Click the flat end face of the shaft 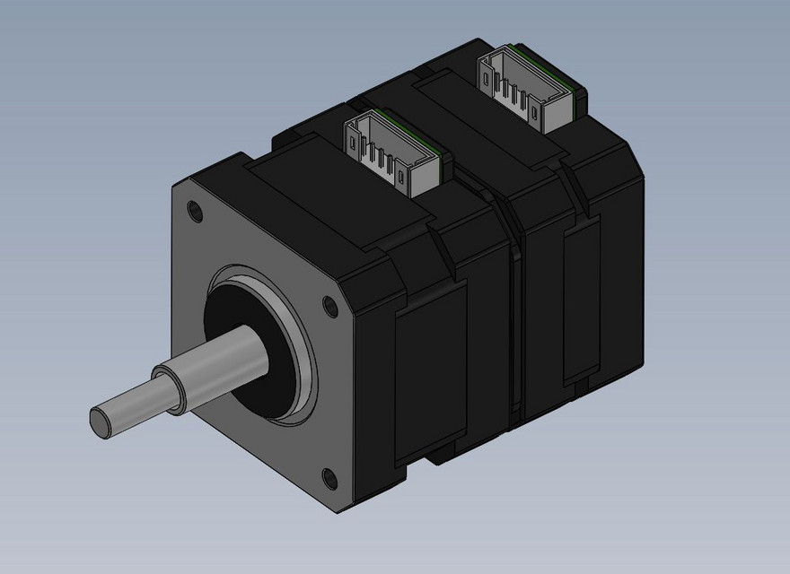[101, 420]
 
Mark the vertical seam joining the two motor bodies [514, 323]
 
